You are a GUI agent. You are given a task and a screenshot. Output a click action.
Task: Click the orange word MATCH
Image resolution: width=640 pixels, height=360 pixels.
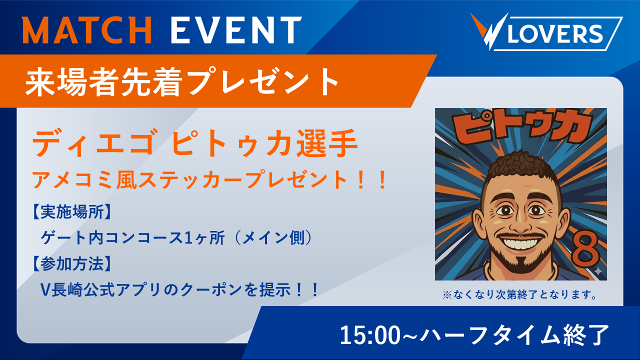pos(87,30)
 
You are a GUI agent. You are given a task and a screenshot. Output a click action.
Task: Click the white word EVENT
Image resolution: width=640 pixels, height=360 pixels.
pos(236,30)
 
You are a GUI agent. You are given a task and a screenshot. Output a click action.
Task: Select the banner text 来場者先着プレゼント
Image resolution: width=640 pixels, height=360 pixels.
pos(182,81)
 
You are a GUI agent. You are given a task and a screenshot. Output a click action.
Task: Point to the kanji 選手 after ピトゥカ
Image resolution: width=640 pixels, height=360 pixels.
pos(326,142)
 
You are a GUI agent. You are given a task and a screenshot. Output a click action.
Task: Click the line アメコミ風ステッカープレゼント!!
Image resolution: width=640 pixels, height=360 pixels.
pos(209,179)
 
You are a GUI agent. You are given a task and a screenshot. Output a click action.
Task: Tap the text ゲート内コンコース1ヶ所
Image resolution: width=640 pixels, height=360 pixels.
pos(132,237)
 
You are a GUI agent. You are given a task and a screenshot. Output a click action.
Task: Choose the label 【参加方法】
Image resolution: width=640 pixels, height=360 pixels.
pos(72,263)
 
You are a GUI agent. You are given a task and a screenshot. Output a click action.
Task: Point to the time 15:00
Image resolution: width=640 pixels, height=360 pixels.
pos(371,335)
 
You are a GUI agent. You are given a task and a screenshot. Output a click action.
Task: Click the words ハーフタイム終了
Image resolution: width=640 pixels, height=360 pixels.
pos(514,335)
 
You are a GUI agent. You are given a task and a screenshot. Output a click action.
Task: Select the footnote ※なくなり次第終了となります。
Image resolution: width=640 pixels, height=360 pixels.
pos(519,294)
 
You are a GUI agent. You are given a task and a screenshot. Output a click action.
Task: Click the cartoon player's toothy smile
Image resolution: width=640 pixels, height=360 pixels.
pos(520,243)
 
